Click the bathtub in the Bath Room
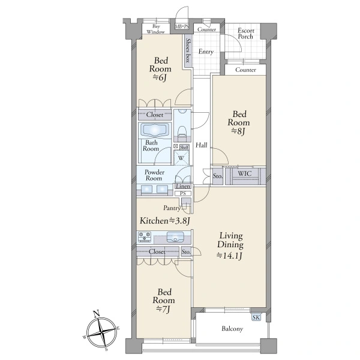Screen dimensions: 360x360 coord(155,130)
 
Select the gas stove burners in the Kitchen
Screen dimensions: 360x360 coord(145,237)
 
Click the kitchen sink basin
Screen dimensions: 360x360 coord(175,237)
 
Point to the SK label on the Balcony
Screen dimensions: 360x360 coord(256,317)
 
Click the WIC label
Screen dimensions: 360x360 coord(245,173)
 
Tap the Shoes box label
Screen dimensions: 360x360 coord(188,50)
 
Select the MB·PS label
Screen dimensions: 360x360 coord(182,26)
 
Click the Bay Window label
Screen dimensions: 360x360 coord(155,29)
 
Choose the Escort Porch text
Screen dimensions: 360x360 coord(245,34)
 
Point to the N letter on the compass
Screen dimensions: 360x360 coord(97,313)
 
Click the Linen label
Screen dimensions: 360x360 coord(183,186)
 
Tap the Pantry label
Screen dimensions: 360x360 coord(172,208)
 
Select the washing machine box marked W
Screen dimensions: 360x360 coord(181,157)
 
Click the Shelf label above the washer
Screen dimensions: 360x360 coord(184,148)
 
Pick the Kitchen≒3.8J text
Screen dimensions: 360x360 coord(165,221)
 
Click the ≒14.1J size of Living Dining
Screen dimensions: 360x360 coord(230,256)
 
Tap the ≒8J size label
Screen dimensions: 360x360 coord(239,131)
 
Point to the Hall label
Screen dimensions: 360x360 coord(202,145)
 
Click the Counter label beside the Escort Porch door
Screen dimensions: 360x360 coord(245,70)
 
